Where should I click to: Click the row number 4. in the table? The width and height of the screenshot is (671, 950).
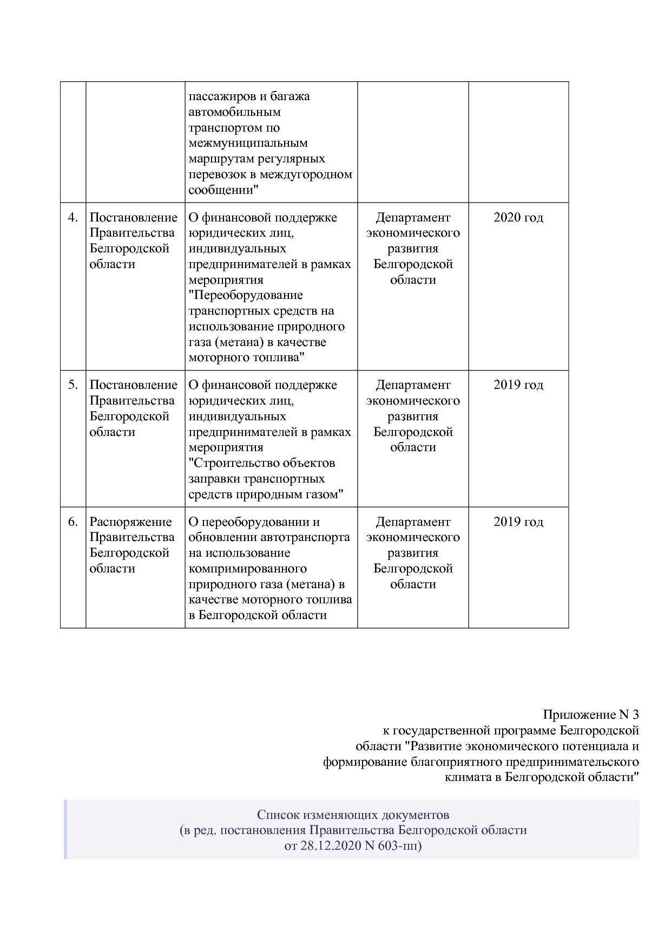(x=73, y=218)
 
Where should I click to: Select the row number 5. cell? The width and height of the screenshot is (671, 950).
(x=73, y=385)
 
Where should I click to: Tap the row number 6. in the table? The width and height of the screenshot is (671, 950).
(x=73, y=522)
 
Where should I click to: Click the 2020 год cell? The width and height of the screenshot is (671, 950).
(x=518, y=218)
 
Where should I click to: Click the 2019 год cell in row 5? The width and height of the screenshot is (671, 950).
(x=518, y=385)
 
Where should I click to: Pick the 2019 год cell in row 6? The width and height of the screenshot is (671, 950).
(x=518, y=522)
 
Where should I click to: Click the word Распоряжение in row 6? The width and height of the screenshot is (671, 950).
(x=130, y=522)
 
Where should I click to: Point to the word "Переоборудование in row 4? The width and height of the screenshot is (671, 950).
(x=246, y=296)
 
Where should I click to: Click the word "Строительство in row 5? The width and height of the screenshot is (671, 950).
(x=234, y=463)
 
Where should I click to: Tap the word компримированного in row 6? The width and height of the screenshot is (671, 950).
(x=248, y=569)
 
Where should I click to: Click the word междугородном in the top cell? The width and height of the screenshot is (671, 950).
(x=306, y=175)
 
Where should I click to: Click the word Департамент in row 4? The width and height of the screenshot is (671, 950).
(x=413, y=218)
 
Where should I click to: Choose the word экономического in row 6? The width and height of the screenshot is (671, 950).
(x=413, y=538)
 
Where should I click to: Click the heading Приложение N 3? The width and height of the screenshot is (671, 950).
(x=591, y=715)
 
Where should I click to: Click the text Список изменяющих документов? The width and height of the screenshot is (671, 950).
(x=353, y=815)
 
